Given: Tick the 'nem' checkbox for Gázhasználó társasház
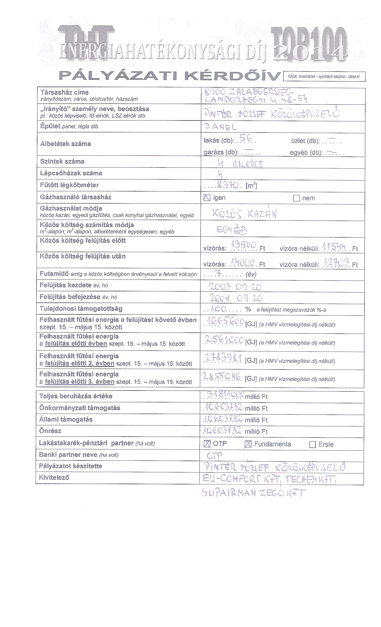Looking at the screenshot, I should click(296, 198).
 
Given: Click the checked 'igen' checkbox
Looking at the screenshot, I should click(207, 198).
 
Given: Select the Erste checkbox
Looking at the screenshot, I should click(312, 444).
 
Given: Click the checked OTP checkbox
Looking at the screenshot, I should click(207, 444).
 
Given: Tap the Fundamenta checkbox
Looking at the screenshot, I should click(248, 444).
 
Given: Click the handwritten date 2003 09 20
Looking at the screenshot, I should click(235, 287).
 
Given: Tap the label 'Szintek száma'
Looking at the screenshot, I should click(62, 162).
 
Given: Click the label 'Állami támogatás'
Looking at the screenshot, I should click(66, 419).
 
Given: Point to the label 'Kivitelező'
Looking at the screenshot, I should click(54, 477).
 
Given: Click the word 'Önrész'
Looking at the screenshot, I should click(50, 431).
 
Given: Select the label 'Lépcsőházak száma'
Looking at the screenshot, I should click(71, 173).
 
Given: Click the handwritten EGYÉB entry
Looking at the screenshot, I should click(232, 230).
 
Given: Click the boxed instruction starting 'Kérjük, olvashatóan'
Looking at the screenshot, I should click(324, 77).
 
